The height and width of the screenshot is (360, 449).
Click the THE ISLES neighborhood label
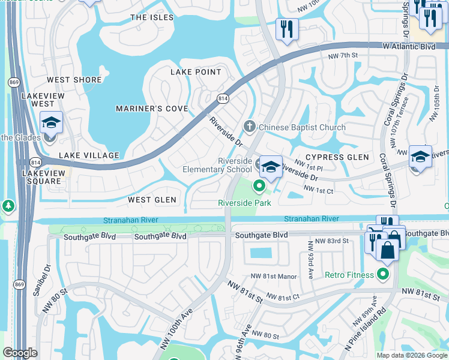click(152, 17)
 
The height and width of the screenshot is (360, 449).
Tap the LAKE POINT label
click(196, 72)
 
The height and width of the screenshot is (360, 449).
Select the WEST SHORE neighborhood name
click(74, 80)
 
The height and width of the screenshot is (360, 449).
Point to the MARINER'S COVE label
click(152, 109)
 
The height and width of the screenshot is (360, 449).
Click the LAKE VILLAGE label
click(89, 155)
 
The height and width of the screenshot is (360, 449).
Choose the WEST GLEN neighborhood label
click(152, 200)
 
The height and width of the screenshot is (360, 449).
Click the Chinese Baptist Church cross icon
click(250, 127)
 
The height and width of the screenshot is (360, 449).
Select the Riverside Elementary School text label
click(217, 165)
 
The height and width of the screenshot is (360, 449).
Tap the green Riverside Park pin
click(259, 187)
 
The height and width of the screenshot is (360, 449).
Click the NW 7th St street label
click(343, 56)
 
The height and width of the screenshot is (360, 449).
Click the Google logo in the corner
click(20, 352)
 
